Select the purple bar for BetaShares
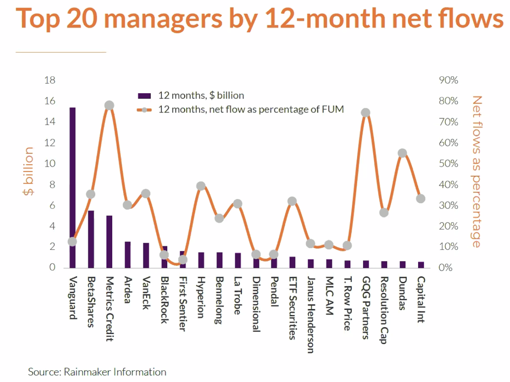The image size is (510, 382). (x=91, y=239)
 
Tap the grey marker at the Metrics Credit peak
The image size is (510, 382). (x=109, y=105)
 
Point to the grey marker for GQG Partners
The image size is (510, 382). (x=365, y=113)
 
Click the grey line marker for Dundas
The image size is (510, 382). (x=402, y=153)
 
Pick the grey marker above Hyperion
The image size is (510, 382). (x=201, y=186)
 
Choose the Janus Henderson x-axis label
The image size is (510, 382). (x=311, y=314)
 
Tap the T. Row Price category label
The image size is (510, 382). (x=348, y=304)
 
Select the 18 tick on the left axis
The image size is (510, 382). (x=50, y=80)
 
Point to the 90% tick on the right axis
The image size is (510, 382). (x=448, y=80)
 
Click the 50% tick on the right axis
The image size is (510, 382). (x=448, y=164)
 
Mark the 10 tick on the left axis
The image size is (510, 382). (x=50, y=164)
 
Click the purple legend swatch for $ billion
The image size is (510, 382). (x=144, y=96)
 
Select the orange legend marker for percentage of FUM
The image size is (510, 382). (x=144, y=110)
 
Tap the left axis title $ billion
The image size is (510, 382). (x=28, y=171)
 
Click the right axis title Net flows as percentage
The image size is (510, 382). (x=477, y=171)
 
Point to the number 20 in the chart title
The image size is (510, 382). (x=82, y=19)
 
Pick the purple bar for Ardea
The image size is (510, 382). (x=127, y=255)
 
